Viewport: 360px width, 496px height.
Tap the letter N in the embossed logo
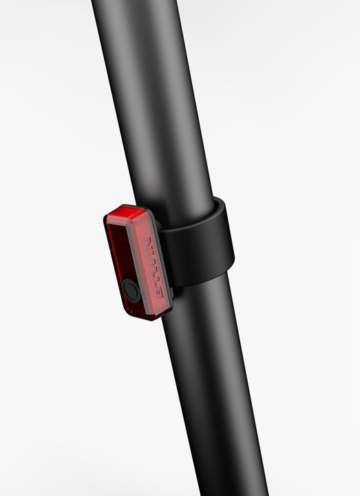pyautogui.click(x=146, y=242)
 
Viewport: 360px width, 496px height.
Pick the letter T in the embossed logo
pyautogui.click(x=151, y=278)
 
